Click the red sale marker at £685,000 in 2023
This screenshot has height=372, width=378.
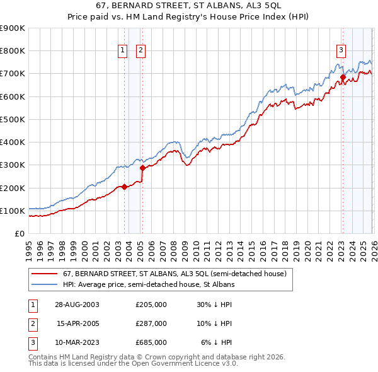[x=343, y=78]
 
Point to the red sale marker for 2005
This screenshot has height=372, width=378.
[x=142, y=168]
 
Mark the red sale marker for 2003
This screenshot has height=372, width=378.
[x=124, y=187]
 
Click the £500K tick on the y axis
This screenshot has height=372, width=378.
[x=13, y=119]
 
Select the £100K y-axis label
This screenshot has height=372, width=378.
[x=13, y=211]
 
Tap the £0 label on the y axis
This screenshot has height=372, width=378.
[x=19, y=233]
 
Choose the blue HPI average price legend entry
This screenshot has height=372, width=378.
[x=149, y=285]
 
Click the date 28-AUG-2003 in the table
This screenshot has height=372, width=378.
[x=77, y=304]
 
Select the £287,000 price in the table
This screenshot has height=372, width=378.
[x=151, y=323]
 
